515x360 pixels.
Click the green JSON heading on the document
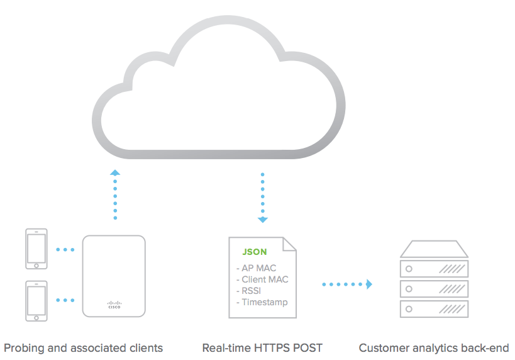255,252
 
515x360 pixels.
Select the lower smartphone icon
36,301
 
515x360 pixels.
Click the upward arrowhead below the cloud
114,172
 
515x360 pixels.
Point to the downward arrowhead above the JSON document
263,220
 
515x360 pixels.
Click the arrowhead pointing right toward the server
370,284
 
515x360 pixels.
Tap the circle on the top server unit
409,269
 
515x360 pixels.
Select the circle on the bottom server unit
409,309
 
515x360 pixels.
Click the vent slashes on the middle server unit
451,289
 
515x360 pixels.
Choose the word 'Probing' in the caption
21,348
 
